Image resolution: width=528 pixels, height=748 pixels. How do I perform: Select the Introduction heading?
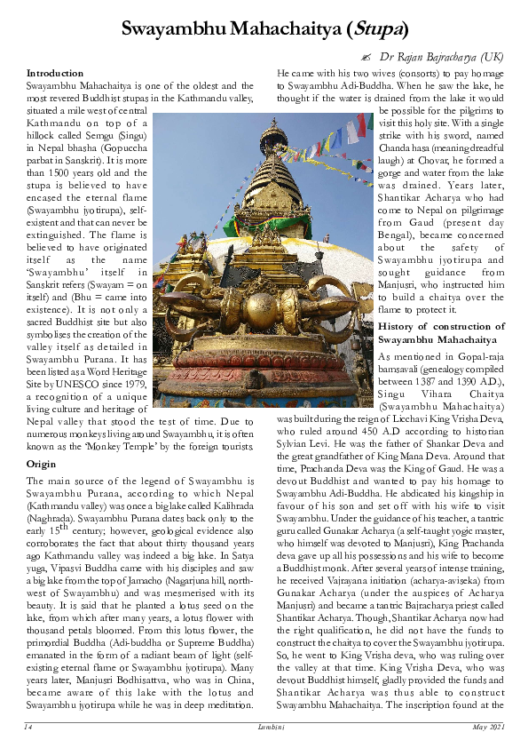55,72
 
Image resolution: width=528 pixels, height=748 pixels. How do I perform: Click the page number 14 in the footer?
29,728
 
